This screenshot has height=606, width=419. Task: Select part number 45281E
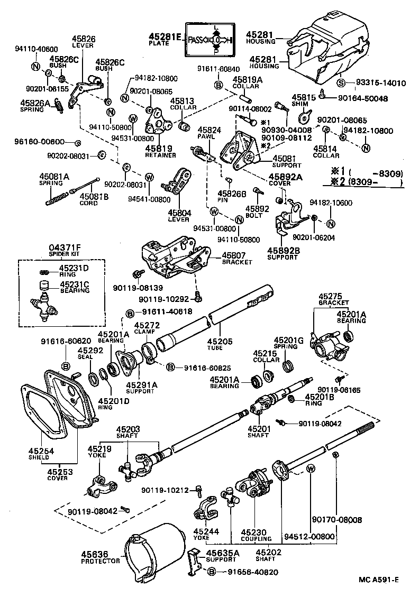click(x=165, y=36)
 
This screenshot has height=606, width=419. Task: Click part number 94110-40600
click(x=35, y=49)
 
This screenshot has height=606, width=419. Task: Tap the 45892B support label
click(x=283, y=250)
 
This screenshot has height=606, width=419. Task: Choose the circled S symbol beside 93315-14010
click(x=341, y=83)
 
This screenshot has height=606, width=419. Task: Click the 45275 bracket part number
click(x=333, y=297)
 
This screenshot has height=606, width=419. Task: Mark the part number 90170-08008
click(x=336, y=520)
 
